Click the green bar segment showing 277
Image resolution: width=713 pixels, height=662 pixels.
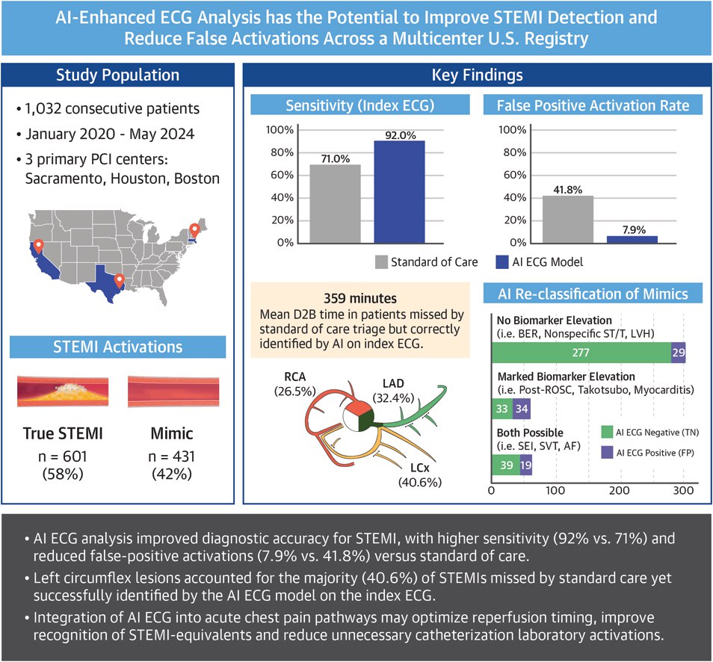(x=581, y=353)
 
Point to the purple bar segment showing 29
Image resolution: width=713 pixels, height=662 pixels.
(x=679, y=353)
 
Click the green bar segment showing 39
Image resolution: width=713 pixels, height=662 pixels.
(x=505, y=465)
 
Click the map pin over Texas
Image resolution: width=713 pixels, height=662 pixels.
(x=118, y=282)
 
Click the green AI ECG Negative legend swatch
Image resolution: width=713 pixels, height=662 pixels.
(x=606, y=431)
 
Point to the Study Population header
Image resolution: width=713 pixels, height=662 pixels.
(x=118, y=75)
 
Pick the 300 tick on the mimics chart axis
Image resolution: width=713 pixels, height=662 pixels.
(x=682, y=490)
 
